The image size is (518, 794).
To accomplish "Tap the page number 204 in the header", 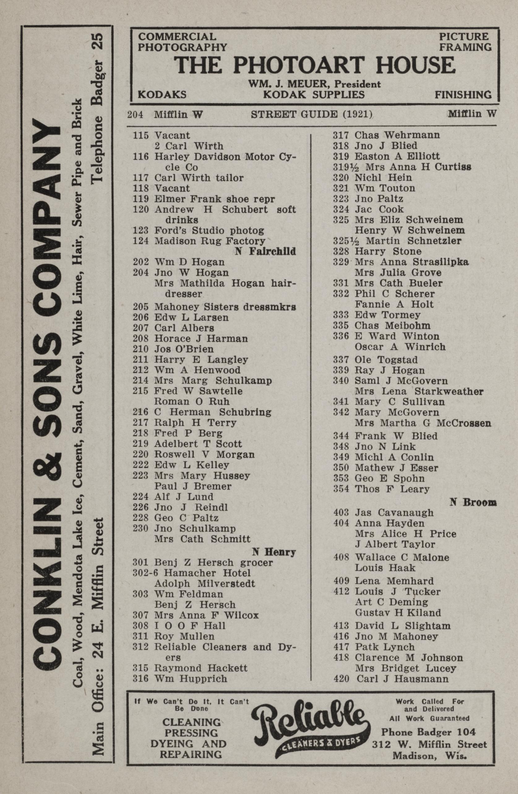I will (135, 115).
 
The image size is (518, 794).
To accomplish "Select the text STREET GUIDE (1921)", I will (311, 114).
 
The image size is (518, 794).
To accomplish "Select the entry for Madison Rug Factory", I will (210, 241).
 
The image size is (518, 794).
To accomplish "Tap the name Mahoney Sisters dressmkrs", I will (225, 307).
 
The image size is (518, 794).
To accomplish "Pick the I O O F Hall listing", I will (190, 625).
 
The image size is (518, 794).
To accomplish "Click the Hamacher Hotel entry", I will (202, 573).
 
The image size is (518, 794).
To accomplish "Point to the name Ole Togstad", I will (386, 360).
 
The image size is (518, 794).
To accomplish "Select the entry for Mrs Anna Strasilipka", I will (411, 262).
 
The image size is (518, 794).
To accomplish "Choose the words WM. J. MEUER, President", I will (314, 84).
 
